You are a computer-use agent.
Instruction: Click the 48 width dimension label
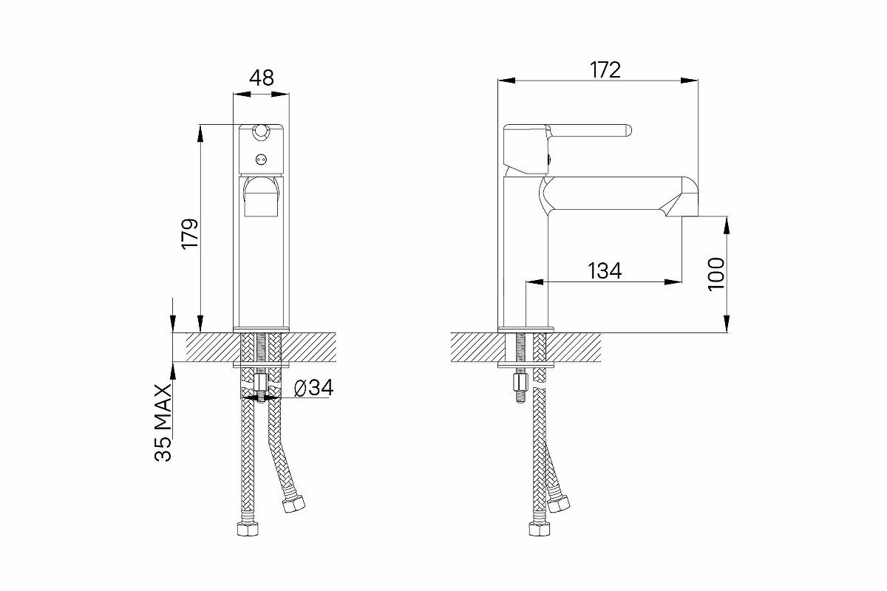tap(262, 78)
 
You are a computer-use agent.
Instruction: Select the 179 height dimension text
tap(190, 233)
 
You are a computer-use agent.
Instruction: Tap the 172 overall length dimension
tap(605, 69)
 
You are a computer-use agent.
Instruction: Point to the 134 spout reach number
tap(605, 271)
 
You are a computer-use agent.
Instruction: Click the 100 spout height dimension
tap(716, 274)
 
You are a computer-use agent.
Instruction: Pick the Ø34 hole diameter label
tap(313, 388)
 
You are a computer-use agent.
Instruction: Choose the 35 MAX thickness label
tap(163, 423)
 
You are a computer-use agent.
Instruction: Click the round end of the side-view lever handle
tap(628, 131)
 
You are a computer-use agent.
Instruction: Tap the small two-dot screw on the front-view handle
tap(260, 159)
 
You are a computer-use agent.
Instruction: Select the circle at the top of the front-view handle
tap(260, 131)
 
